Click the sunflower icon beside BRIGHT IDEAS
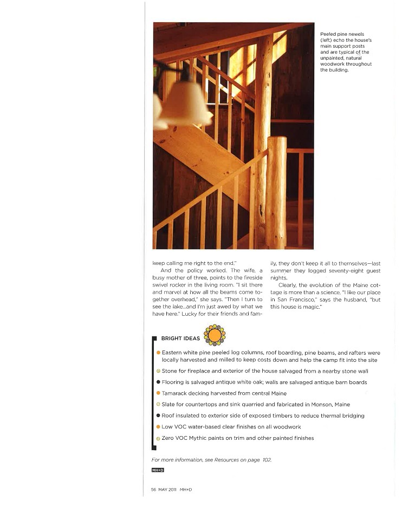(x=215, y=335)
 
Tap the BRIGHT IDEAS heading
(x=180, y=339)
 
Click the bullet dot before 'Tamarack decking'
(x=158, y=393)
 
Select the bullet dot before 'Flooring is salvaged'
(x=158, y=382)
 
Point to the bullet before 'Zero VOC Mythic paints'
(x=158, y=438)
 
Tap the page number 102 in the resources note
(x=266, y=460)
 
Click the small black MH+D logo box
(x=158, y=470)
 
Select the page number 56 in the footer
(x=154, y=490)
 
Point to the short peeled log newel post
(x=276, y=192)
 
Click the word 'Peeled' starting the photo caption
(x=328, y=34)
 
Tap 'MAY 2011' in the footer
(x=167, y=490)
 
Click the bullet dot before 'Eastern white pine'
(x=158, y=353)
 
